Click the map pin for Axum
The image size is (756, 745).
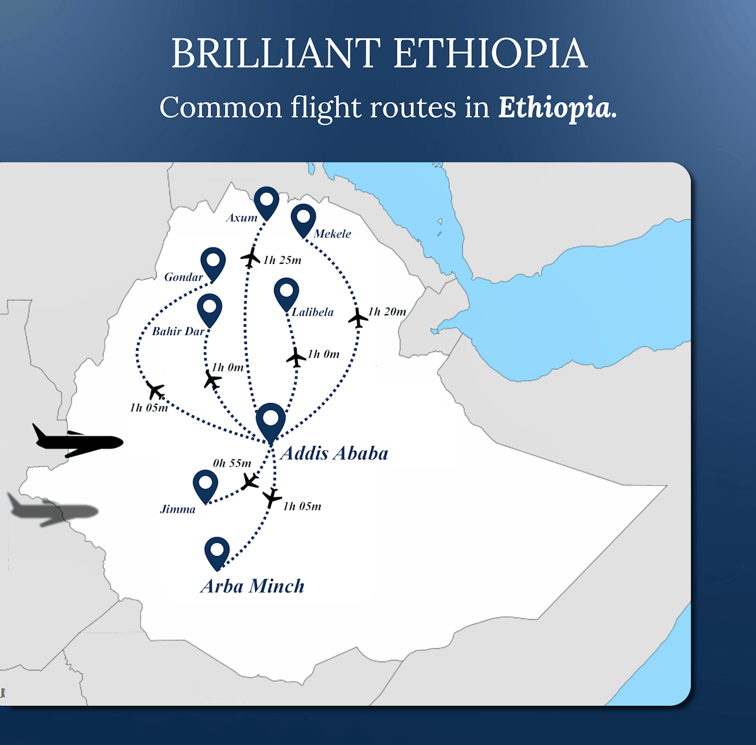point(266,201)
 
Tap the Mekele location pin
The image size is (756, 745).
point(303,219)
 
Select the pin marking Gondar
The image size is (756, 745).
point(213,262)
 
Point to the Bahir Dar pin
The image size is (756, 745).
point(209,309)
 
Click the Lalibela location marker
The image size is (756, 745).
point(287,293)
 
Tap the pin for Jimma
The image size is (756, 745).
point(205,485)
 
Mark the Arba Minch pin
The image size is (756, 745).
point(217,552)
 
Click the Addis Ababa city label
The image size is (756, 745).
point(335,453)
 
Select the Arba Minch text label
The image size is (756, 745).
point(253,586)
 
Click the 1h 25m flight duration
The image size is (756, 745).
point(282,260)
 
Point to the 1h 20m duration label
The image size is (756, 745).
point(387,312)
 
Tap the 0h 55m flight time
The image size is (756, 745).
point(232,463)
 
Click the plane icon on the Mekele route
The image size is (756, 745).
point(358,318)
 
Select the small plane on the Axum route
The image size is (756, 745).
point(251,257)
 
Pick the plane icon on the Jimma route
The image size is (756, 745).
point(250,482)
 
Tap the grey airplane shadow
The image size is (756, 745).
point(54,511)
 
